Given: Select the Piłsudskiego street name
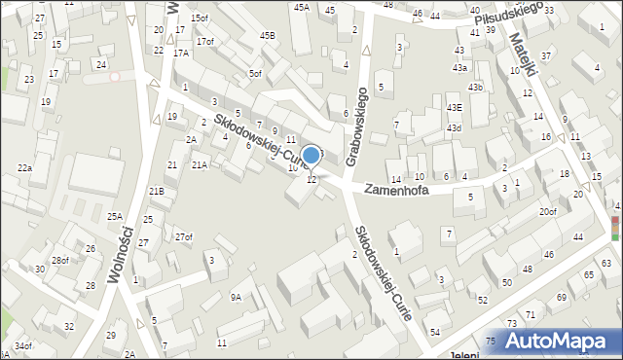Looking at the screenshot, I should [505, 18].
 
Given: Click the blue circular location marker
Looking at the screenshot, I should [311, 155].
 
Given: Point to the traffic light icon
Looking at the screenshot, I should [615, 227].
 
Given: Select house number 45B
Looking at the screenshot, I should [267, 36].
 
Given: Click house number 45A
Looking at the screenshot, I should [302, 8].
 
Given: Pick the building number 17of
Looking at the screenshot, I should [204, 41].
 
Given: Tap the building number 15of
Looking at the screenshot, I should [200, 18].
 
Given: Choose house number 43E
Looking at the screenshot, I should [454, 107].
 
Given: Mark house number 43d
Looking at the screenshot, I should [454, 128].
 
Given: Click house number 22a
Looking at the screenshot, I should [24, 168].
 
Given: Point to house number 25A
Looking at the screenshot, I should [115, 216].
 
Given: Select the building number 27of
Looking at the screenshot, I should [184, 237].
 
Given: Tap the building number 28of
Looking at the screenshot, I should [60, 260].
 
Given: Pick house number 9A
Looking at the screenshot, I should [236, 298].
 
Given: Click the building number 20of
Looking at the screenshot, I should [548, 211].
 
